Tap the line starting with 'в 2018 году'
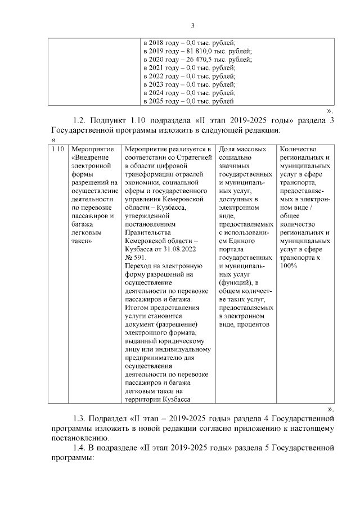tap(190, 42)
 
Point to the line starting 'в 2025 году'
tap(188, 101)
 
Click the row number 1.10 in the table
tap(56, 149)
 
